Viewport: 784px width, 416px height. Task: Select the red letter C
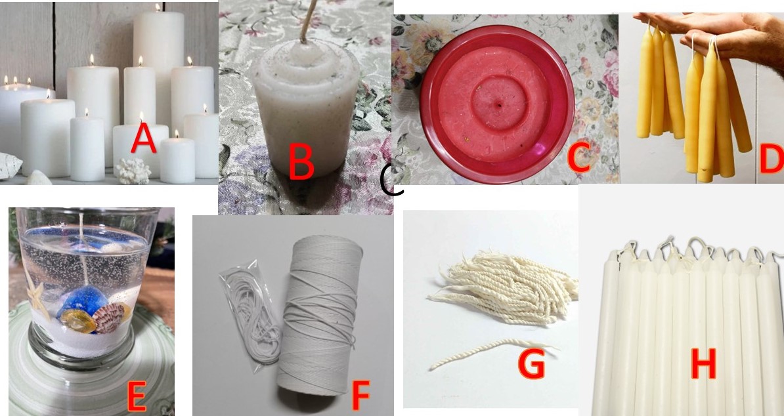point(578,157)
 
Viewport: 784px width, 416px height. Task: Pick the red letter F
point(360,395)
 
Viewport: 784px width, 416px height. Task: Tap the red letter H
point(703,364)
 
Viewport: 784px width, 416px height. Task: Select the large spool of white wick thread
point(320,314)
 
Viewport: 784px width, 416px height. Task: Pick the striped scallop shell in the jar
point(108,319)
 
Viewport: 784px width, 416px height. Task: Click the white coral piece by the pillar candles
point(133,171)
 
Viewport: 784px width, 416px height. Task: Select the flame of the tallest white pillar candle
point(158,7)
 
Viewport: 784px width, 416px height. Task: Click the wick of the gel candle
point(83,245)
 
